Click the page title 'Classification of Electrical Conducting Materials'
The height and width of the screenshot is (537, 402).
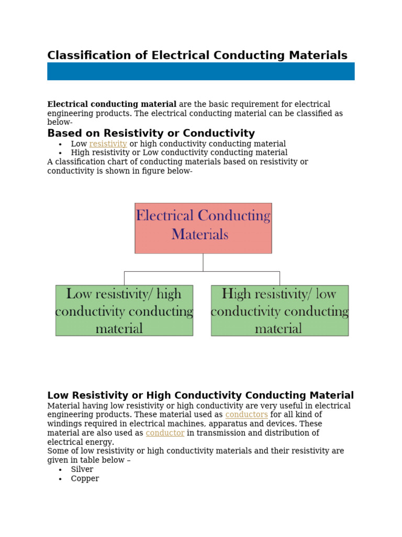coord(197,56)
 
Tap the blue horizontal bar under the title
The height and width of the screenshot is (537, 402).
coord(200,71)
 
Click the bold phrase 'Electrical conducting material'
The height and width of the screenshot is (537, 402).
coord(111,104)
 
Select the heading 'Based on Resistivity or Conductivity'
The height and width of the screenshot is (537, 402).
coord(151,133)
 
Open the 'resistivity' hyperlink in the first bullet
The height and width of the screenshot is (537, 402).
coord(108,144)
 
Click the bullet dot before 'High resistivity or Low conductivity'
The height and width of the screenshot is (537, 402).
coord(61,153)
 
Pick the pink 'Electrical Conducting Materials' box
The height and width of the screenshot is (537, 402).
coord(203,228)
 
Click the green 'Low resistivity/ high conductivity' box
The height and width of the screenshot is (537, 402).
coord(124,310)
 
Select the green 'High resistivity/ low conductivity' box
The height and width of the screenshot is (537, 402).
coord(280,310)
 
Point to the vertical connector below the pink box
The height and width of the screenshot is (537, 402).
coord(203,262)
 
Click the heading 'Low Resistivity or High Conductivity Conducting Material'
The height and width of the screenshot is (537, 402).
coord(200,395)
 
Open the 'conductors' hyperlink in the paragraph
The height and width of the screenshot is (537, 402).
coord(246,415)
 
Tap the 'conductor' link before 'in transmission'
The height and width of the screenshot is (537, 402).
coord(165,433)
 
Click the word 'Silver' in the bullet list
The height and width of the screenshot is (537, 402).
coord(82,469)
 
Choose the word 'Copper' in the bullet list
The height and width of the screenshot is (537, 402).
coord(85,479)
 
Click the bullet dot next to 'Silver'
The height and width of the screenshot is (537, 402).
coord(61,470)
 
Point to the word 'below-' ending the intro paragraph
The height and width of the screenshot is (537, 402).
coord(60,122)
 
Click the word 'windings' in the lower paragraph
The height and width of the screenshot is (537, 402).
coord(64,424)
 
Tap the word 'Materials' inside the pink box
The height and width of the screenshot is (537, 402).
coord(200,234)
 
